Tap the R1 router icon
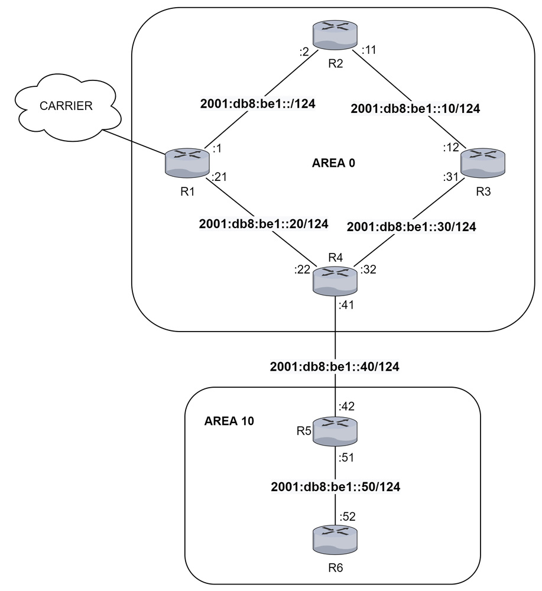(188, 163)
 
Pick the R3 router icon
(483, 162)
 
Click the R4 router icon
(336, 280)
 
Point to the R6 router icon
(336, 538)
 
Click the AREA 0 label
(333, 163)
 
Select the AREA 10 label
(229, 422)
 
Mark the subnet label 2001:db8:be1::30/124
(411, 226)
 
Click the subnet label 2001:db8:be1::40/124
(335, 366)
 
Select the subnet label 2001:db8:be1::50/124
(335, 488)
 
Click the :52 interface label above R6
(348, 517)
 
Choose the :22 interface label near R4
(302, 271)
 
